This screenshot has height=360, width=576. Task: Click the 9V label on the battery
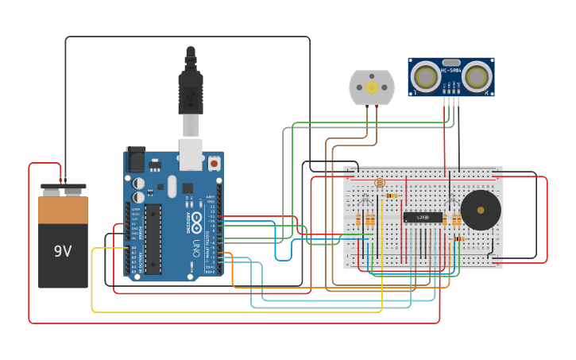click(x=63, y=251)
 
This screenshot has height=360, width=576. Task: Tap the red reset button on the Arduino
click(x=214, y=163)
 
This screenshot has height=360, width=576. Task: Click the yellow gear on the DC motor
click(x=372, y=87)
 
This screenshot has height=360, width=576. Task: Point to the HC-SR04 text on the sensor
click(x=451, y=72)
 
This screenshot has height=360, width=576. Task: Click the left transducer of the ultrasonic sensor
click(x=427, y=77)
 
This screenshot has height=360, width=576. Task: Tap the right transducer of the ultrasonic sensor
click(x=477, y=77)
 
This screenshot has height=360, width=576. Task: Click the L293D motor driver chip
click(x=423, y=217)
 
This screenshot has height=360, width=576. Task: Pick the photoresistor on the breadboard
click(x=379, y=184)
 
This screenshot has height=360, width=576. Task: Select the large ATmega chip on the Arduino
click(x=153, y=238)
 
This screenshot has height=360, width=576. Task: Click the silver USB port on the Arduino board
click(x=191, y=155)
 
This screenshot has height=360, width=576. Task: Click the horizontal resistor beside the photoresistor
click(x=392, y=195)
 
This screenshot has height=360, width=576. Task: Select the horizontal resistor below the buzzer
click(x=459, y=238)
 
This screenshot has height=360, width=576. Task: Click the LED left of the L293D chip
click(x=365, y=199)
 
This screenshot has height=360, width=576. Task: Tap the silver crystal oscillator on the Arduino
click(x=172, y=186)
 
